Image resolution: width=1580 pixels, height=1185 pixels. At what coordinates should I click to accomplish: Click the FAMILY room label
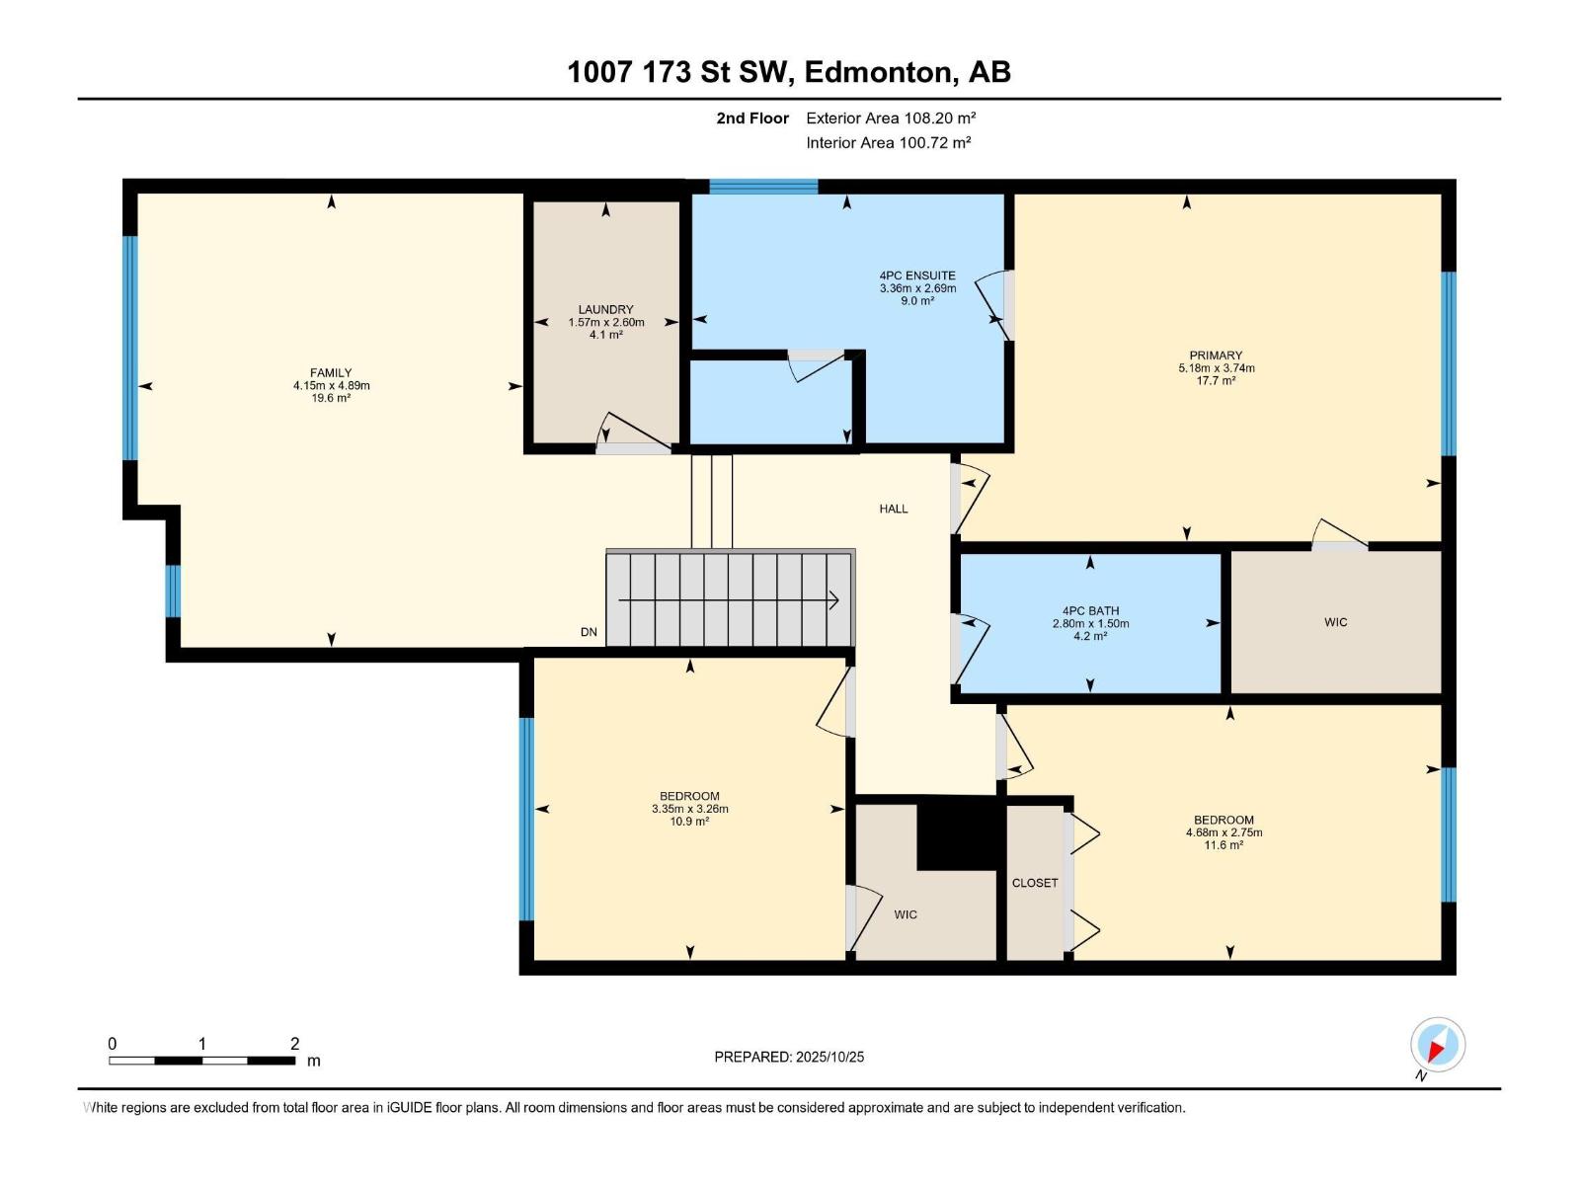331,373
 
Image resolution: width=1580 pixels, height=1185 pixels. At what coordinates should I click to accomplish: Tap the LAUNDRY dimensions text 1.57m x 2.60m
606,323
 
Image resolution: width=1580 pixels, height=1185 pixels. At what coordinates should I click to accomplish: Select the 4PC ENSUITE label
917,276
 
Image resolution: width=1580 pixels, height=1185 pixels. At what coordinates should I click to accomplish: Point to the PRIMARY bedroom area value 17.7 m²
1216,381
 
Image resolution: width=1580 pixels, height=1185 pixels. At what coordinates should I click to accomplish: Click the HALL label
894,509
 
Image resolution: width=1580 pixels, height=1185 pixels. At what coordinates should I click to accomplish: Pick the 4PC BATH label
1090,611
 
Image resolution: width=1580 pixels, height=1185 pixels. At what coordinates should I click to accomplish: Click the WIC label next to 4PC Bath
1335,622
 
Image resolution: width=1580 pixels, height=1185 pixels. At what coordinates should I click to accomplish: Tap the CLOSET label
1035,883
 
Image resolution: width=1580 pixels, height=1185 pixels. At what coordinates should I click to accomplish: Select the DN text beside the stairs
589,632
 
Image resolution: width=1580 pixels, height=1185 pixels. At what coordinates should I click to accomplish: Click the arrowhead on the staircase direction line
834,599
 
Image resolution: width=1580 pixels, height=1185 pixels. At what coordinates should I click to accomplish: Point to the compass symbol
1437,1045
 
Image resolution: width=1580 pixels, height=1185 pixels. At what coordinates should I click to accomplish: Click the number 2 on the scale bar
294,1044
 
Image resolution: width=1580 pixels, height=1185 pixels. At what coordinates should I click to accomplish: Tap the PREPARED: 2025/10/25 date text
789,1057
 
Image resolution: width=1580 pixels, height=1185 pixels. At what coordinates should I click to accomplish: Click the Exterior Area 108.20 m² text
891,118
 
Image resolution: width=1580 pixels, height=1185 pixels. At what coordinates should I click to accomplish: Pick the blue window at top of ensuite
763,187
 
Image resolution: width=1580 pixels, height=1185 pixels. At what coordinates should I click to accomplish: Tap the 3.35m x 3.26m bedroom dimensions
689,809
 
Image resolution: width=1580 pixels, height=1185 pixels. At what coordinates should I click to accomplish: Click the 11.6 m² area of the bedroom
1223,845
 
